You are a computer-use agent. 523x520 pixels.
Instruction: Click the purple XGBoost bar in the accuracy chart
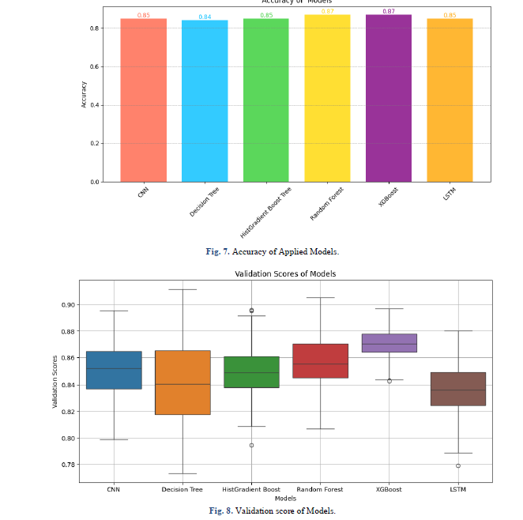pyautogui.click(x=388, y=98)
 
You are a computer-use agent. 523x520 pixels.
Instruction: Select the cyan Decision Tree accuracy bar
pyautogui.click(x=205, y=101)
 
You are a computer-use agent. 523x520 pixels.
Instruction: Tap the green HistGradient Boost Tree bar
pyautogui.click(x=265, y=100)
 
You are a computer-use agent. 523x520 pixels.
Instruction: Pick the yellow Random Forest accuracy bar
pyautogui.click(x=327, y=98)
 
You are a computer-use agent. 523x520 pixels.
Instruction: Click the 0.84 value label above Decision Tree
pyautogui.click(x=205, y=17)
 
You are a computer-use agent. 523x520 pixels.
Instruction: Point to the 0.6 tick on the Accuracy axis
pyautogui.click(x=94, y=66)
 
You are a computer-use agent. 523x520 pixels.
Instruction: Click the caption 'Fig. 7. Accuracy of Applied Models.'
pyautogui.click(x=272, y=251)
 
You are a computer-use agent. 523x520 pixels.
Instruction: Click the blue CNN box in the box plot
pyautogui.click(x=113, y=370)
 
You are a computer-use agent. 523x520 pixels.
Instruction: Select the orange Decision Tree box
pyautogui.click(x=182, y=382)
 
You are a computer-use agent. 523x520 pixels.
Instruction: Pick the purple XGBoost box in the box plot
pyautogui.click(x=389, y=343)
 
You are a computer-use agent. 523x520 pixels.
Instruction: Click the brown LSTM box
pyautogui.click(x=458, y=389)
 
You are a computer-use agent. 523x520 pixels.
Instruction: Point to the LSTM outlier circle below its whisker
pyautogui.click(x=458, y=465)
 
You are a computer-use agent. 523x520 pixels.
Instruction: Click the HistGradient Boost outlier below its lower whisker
pyautogui.click(x=251, y=445)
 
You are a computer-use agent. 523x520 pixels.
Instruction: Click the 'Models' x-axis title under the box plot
pyautogui.click(x=285, y=498)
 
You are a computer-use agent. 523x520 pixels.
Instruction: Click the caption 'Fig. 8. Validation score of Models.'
pyautogui.click(x=272, y=511)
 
